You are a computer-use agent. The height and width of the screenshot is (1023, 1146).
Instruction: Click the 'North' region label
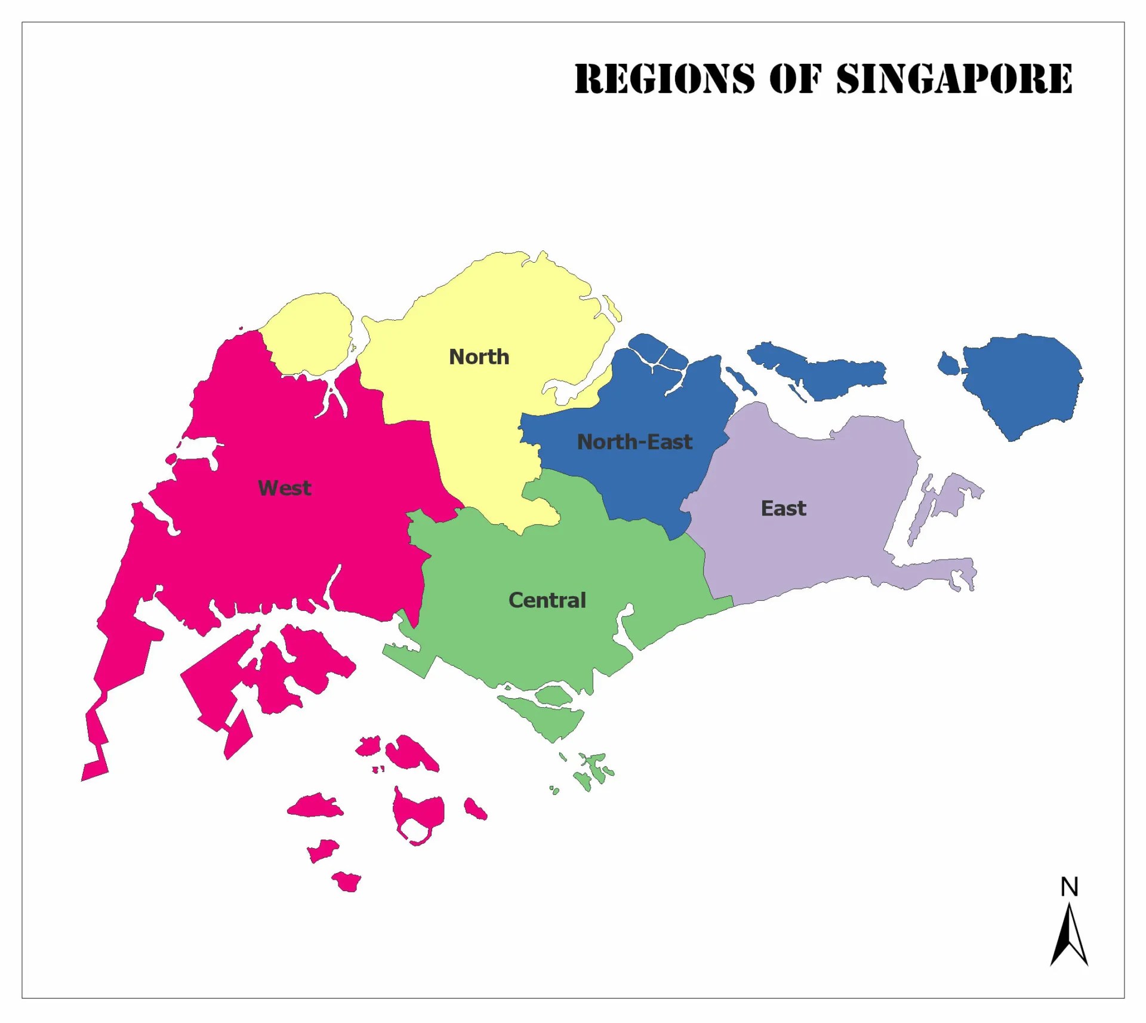[479, 357]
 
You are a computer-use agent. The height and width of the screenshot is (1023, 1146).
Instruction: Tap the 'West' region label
[284, 488]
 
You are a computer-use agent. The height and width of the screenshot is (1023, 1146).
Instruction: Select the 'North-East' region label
[634, 442]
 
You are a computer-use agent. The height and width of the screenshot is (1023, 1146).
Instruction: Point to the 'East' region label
[783, 508]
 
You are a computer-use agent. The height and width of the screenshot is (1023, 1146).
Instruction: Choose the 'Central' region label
[547, 600]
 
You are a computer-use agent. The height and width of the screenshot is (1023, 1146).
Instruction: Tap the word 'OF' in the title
[795, 78]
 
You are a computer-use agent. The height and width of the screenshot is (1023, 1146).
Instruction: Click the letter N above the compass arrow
[1069, 887]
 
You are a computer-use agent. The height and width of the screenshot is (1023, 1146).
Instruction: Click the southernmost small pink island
[347, 881]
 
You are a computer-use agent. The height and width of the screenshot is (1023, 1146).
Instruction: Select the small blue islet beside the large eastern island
[947, 363]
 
